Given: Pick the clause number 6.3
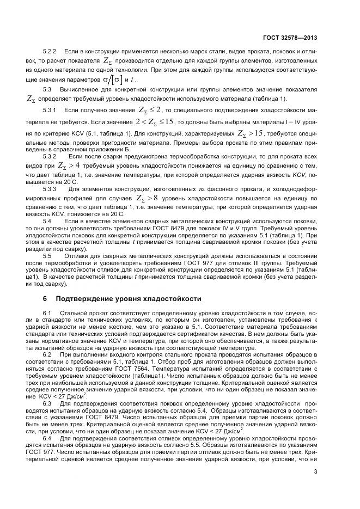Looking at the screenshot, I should tap(47, 404).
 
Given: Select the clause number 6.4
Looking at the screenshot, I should tap(47, 438).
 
